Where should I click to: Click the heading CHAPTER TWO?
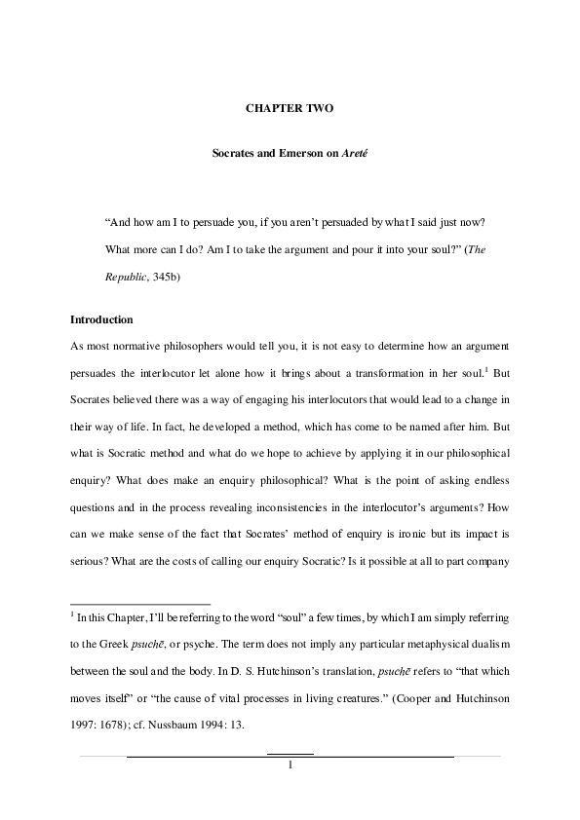[x=289, y=109]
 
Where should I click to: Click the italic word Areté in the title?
[x=346, y=154]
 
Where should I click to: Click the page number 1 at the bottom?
[x=290, y=764]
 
